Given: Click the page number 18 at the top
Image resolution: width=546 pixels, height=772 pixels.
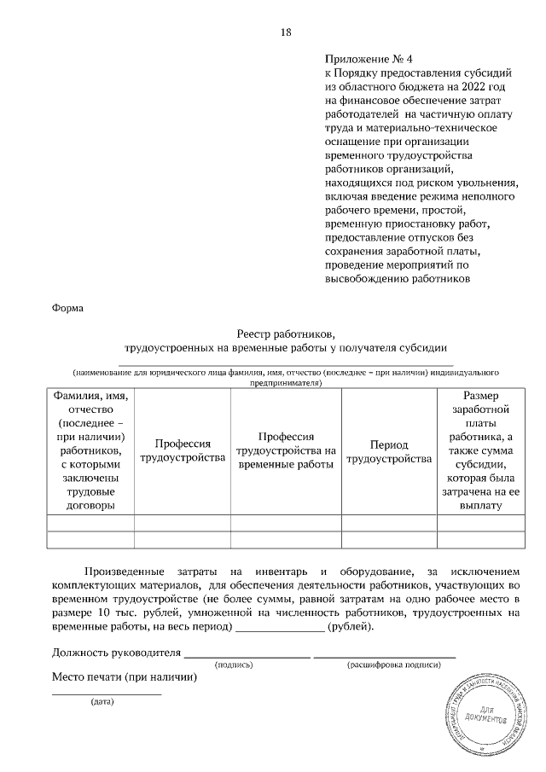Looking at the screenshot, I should [x=286, y=32].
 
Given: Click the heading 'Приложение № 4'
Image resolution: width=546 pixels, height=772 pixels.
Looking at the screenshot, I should [x=369, y=60].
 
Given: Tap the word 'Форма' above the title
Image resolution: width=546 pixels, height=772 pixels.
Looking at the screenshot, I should [x=68, y=306].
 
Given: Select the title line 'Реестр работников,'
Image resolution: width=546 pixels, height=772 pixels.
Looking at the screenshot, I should [x=286, y=334].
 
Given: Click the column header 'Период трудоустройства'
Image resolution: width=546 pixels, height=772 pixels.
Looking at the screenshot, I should [x=389, y=452].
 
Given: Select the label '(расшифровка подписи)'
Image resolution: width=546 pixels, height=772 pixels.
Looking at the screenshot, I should [x=393, y=665].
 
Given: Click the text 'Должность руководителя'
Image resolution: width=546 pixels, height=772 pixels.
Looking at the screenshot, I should [x=117, y=653].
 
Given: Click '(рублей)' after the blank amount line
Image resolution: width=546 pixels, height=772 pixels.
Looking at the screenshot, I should [x=350, y=627].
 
